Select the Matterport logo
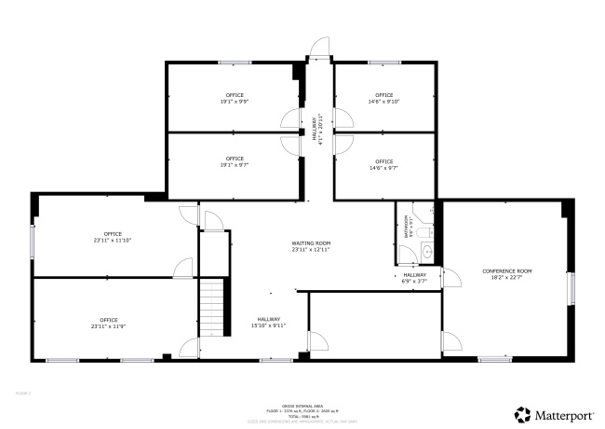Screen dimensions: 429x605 pos(556,413)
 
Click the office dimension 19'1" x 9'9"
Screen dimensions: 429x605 pos(234,102)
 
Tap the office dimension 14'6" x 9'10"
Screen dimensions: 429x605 pos(384,102)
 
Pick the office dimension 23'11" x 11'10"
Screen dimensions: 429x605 pos(113,240)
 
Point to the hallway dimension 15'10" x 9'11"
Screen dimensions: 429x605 pos(268,325)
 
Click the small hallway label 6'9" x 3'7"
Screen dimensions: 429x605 pos(415,281)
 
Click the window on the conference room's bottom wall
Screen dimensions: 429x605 pos(494,359)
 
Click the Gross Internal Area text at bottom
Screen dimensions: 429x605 pos(302,407)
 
